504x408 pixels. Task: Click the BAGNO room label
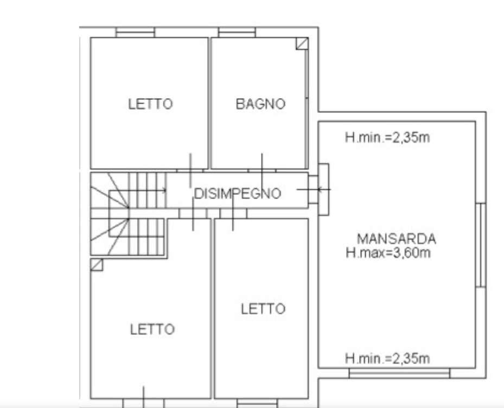[x=260, y=104]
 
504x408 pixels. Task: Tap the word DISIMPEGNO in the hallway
[x=238, y=194]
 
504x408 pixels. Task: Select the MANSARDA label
[x=397, y=239]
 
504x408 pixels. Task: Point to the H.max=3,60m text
[x=388, y=253]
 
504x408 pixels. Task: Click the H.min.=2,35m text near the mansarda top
[x=387, y=138]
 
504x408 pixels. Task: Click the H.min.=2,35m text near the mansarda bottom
[x=387, y=359]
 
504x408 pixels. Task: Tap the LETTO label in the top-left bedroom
[x=150, y=104]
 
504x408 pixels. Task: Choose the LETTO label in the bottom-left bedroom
[x=152, y=329]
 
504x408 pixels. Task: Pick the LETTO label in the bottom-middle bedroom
[x=263, y=309]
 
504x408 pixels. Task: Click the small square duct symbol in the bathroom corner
[x=302, y=44]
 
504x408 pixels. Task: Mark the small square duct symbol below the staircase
[x=97, y=265]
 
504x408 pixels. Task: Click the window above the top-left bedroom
[x=135, y=32]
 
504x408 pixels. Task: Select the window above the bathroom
[x=237, y=32]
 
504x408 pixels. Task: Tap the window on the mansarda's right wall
[x=481, y=245]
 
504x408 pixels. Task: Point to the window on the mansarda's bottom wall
[x=399, y=373]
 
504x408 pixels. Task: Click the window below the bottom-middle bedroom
[x=257, y=403]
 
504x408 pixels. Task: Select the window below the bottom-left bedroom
[x=143, y=403]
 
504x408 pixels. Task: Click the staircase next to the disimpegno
[x=129, y=214]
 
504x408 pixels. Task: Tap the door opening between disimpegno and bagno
[x=262, y=170]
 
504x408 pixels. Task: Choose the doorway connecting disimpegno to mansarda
[x=318, y=190]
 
